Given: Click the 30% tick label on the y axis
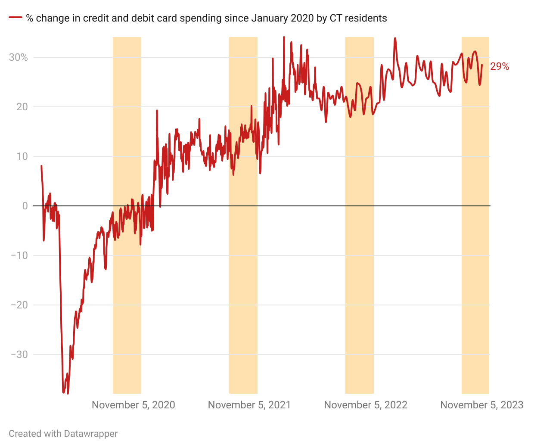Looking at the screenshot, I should click(18, 57).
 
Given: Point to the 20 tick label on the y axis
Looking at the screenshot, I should click(22, 107).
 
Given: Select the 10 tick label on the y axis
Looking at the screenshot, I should click(22, 156).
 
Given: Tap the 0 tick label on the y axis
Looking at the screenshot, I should click(25, 206).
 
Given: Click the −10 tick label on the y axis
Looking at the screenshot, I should click(19, 255).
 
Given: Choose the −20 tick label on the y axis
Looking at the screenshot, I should click(19, 305).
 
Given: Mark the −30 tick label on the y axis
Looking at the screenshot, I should click(19, 355).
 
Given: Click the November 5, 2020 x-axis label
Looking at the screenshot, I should click(133, 405).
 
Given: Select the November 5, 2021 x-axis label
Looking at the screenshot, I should click(249, 405).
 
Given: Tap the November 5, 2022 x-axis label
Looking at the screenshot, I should click(366, 405).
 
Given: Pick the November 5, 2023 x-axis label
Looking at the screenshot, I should click(481, 405).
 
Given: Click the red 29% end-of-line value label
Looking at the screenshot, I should click(500, 66).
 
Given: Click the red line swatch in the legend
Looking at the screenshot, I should click(16, 18).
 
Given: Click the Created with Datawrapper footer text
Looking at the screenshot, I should click(63, 433).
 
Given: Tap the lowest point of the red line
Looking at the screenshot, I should click(68, 393).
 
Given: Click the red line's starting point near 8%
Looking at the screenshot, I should click(41, 166).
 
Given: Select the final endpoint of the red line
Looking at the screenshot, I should click(482, 65).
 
